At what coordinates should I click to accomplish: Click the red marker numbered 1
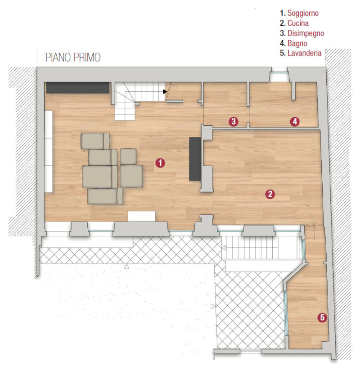tap(160, 163)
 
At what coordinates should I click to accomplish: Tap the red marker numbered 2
tap(270, 194)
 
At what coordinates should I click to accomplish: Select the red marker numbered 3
tap(233, 121)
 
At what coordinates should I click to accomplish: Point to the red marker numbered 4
tap(295, 121)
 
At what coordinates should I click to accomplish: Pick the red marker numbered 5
tap(322, 317)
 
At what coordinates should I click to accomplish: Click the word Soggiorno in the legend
tap(303, 13)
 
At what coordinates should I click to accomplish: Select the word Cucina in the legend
tap(298, 23)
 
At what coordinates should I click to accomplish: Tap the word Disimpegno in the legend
tap(306, 33)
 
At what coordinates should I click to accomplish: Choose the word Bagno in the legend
tap(297, 44)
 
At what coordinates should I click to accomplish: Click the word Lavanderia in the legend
tap(304, 53)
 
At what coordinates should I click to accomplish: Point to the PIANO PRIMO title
tap(73, 57)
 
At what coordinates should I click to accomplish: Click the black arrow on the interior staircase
tap(165, 91)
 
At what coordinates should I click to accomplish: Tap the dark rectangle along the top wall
tap(78, 88)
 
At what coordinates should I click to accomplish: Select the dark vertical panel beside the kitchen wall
tap(195, 159)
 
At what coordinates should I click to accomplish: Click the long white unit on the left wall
tap(49, 152)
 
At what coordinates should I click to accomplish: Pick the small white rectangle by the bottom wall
tap(142, 216)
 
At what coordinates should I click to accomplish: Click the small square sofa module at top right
tap(128, 157)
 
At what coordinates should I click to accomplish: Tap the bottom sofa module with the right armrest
tap(105, 196)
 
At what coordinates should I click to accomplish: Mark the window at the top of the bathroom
tap(279, 72)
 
